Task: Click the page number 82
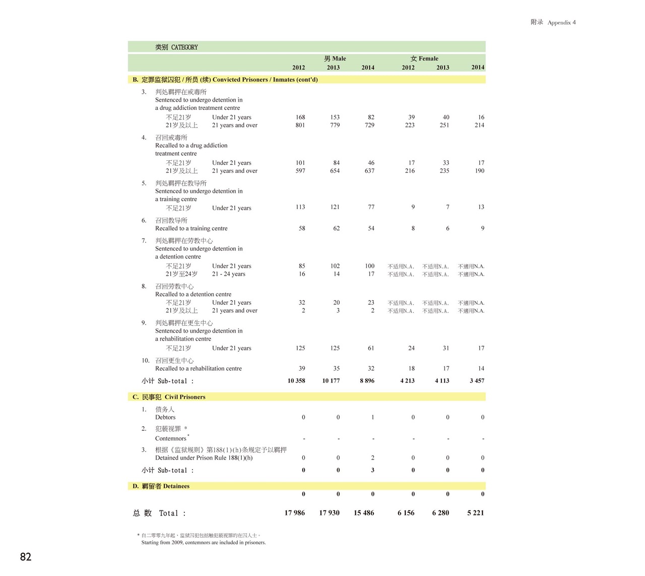(26, 557)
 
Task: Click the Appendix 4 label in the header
(561, 23)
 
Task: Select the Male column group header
(335, 58)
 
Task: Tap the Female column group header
(424, 58)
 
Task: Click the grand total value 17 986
(294, 513)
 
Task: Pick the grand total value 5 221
(475, 513)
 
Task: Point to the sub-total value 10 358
(296, 381)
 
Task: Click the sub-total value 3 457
(477, 381)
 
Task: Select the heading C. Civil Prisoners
(169, 397)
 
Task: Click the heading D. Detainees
(161, 486)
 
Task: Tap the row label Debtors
(165, 417)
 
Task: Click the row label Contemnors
(171, 438)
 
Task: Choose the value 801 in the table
(300, 125)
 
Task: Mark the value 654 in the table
(335, 171)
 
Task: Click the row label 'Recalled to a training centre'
(191, 229)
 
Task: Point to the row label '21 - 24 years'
(228, 274)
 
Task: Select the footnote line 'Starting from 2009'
(203, 543)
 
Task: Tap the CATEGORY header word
(184, 47)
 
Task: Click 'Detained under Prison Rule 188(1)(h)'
(204, 458)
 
